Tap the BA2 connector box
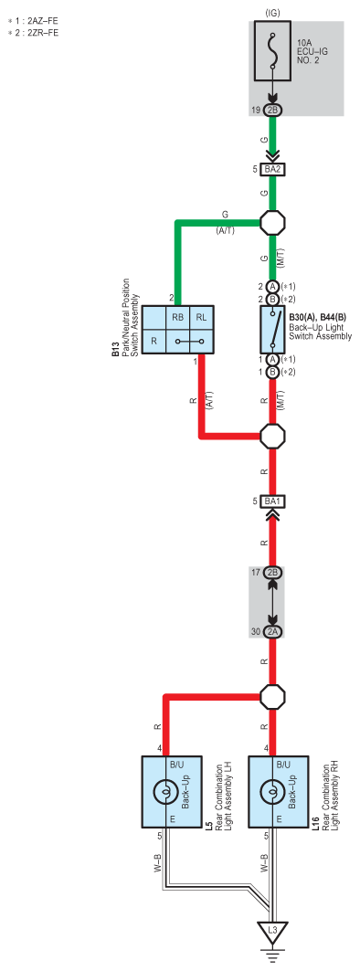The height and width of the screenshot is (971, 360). click(x=272, y=169)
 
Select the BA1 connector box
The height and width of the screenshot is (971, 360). click(x=272, y=501)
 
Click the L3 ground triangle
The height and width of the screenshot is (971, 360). click(x=272, y=934)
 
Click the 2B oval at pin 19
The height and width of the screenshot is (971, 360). click(x=272, y=110)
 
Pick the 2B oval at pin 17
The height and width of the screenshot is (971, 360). click(x=272, y=572)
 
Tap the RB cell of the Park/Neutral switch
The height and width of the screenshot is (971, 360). click(x=177, y=317)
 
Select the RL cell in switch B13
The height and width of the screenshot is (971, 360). click(x=201, y=317)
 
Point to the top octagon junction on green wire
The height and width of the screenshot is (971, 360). click(x=272, y=222)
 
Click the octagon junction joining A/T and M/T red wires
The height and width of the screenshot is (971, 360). click(x=272, y=436)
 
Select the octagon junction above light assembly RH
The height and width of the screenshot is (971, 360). click(x=272, y=697)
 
